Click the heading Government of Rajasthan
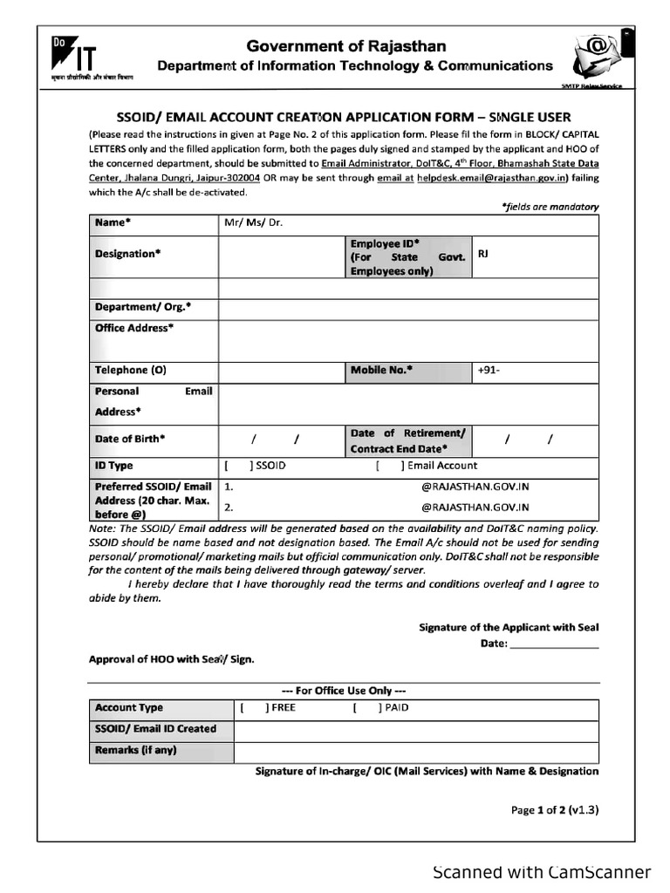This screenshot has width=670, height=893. [346, 46]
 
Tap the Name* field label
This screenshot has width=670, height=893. [113, 222]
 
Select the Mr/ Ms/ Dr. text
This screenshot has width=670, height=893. [254, 222]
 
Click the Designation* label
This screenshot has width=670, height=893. [127, 254]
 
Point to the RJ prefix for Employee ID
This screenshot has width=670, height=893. [483, 254]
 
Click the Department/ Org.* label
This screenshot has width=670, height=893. [142, 307]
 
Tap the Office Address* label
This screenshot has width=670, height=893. [133, 328]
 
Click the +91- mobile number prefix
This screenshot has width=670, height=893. [489, 370]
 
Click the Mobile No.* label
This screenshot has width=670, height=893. [381, 370]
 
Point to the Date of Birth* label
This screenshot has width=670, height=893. [129, 439]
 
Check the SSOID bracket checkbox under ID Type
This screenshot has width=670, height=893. [238, 466]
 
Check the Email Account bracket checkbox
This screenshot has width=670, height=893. [389, 466]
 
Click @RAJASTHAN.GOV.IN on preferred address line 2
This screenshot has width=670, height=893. [475, 507]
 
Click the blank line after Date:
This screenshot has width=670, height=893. [553, 645]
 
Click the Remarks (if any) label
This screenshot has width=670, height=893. [136, 749]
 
